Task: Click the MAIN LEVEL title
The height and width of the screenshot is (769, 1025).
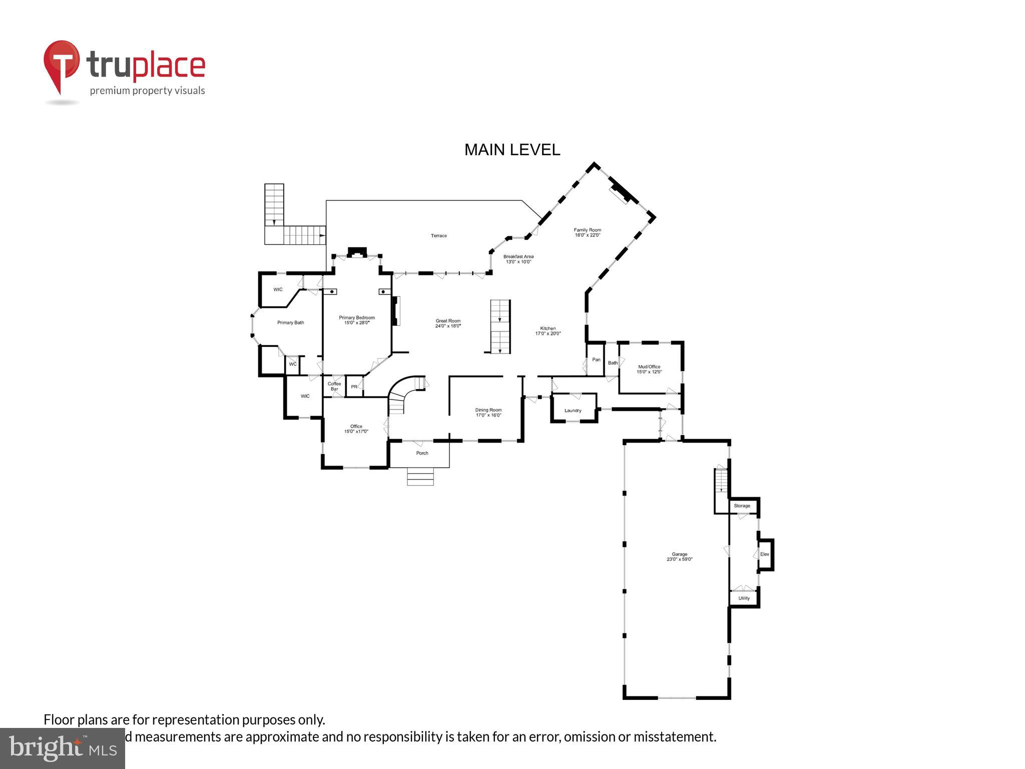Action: click(x=512, y=150)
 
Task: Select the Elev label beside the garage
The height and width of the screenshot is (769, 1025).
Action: click(x=764, y=554)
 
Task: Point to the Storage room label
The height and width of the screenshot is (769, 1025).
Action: click(x=742, y=506)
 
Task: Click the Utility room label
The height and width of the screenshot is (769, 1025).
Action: click(x=744, y=598)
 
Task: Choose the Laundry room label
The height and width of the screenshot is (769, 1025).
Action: click(x=573, y=411)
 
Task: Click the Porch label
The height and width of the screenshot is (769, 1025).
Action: click(x=422, y=453)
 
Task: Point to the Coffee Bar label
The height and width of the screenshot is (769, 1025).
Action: click(x=334, y=386)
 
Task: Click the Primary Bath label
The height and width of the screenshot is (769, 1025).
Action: click(x=290, y=323)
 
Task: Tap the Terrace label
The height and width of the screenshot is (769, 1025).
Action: click(x=438, y=236)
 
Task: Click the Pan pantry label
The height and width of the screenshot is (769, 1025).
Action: click(x=596, y=359)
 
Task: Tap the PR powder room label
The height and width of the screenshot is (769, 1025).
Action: click(x=354, y=387)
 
